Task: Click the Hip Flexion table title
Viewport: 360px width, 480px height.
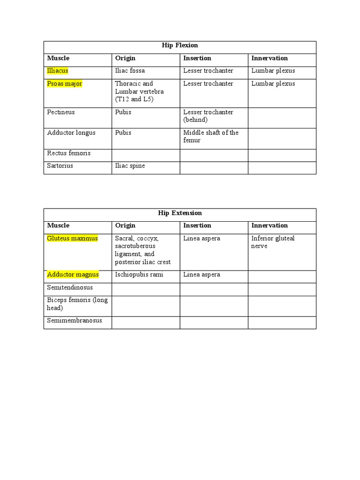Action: pos(180,45)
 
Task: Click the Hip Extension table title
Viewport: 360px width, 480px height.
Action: pos(180,213)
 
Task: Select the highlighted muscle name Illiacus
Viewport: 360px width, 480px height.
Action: pos(58,71)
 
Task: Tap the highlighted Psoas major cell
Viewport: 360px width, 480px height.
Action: pos(65,83)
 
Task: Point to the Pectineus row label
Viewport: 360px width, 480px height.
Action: pos(61,112)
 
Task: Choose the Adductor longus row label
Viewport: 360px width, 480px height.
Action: pos(71,133)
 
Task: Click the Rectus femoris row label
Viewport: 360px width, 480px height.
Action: pos(69,153)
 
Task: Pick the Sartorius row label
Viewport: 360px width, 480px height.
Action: pos(60,166)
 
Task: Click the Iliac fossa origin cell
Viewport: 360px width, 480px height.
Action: pos(130,71)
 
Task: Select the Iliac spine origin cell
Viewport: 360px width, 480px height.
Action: pos(130,166)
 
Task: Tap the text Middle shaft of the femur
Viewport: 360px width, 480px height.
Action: pos(210,136)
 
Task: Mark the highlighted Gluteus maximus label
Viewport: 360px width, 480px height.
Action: pos(72,238)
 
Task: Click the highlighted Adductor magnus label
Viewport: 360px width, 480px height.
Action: pos(73,275)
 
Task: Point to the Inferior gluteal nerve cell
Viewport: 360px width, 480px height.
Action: pos(273,242)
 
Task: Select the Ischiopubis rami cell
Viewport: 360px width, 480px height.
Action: pos(139,275)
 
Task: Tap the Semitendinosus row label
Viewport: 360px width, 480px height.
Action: pos(70,287)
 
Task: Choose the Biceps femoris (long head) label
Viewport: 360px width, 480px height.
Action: pos(77,304)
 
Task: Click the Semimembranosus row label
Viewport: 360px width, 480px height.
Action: pos(75,321)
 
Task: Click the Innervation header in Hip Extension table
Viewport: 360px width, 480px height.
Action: pos(270,225)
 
